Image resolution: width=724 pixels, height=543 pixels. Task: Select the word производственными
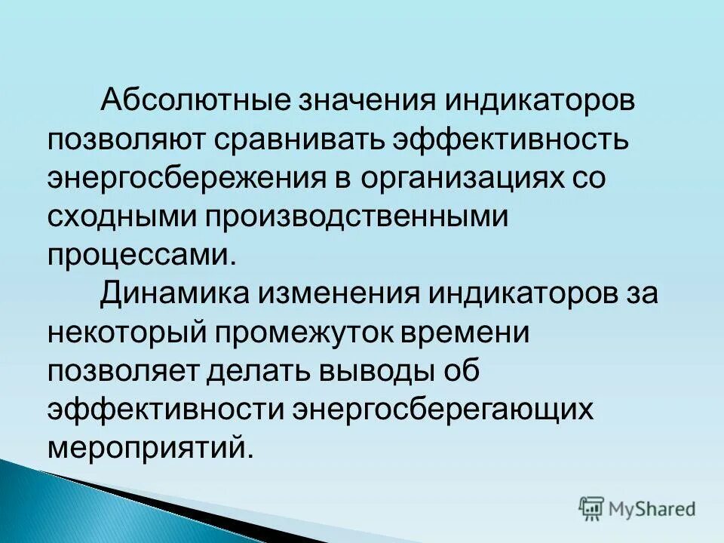353,218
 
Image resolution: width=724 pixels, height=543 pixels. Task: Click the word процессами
142,255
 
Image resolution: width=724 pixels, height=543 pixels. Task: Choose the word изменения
333,293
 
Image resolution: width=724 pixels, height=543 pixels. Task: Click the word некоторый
124,331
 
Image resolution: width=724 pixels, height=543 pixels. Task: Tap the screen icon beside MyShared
591,508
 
